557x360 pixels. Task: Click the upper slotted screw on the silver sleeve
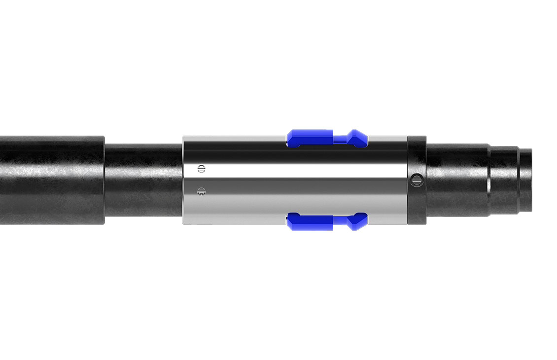point(201,168)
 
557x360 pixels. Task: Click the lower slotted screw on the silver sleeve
point(201,190)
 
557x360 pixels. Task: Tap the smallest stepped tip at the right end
point(525,180)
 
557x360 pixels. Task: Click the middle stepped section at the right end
point(505,180)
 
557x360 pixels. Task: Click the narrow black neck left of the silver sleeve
point(143,180)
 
